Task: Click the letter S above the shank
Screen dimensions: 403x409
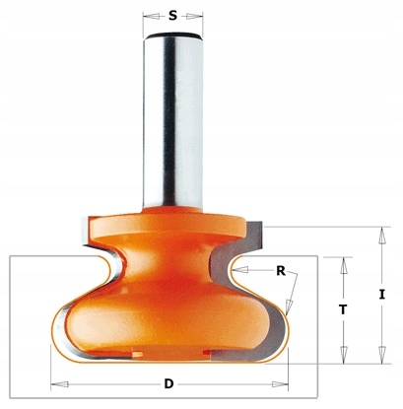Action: click(x=172, y=15)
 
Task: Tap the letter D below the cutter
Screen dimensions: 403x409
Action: click(x=168, y=383)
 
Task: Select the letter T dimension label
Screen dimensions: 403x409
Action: click(x=343, y=309)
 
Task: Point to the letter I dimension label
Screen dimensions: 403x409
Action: click(x=381, y=295)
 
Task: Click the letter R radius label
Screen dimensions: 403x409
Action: click(x=281, y=271)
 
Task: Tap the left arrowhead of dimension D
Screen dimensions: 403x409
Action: click(x=60, y=384)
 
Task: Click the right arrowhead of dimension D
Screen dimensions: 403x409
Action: click(x=280, y=384)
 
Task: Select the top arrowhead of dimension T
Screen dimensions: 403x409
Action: click(x=344, y=266)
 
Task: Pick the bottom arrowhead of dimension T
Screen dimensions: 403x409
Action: click(x=344, y=355)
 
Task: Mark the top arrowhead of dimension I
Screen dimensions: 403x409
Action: click(x=381, y=236)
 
